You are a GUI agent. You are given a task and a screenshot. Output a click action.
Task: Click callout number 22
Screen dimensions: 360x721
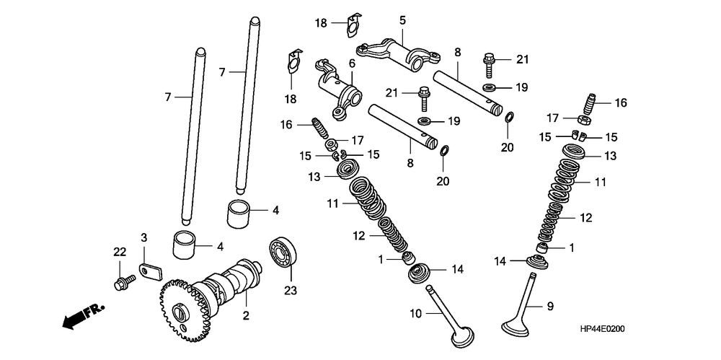click(x=119, y=252)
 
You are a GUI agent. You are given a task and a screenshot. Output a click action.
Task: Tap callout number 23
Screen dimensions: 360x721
click(x=291, y=292)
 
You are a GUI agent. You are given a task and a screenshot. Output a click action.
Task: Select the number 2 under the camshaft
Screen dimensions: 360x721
click(x=246, y=316)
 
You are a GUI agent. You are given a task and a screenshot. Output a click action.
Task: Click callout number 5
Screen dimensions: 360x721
click(x=402, y=20)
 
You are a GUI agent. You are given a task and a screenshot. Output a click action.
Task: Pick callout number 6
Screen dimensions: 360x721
click(x=352, y=63)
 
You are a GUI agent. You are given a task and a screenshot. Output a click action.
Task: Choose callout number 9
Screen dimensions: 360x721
click(x=549, y=306)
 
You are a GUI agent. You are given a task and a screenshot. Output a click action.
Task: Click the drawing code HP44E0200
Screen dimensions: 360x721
click(x=602, y=329)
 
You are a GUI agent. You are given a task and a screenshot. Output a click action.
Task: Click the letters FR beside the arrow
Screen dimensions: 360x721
click(x=94, y=311)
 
